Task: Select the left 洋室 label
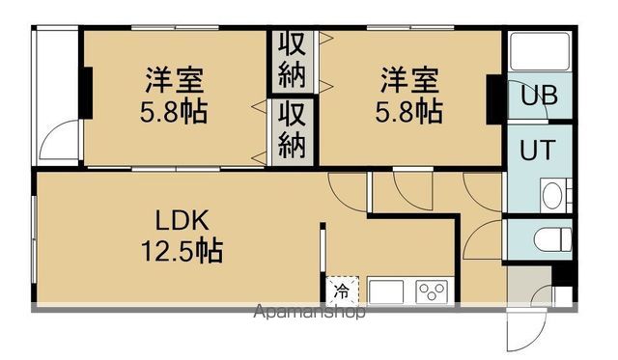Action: (175, 76)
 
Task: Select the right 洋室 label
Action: (408, 76)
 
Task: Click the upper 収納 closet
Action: (293, 59)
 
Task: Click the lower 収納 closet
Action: (293, 129)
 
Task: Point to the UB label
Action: (539, 97)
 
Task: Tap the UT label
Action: (538, 152)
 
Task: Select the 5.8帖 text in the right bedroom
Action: (408, 108)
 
